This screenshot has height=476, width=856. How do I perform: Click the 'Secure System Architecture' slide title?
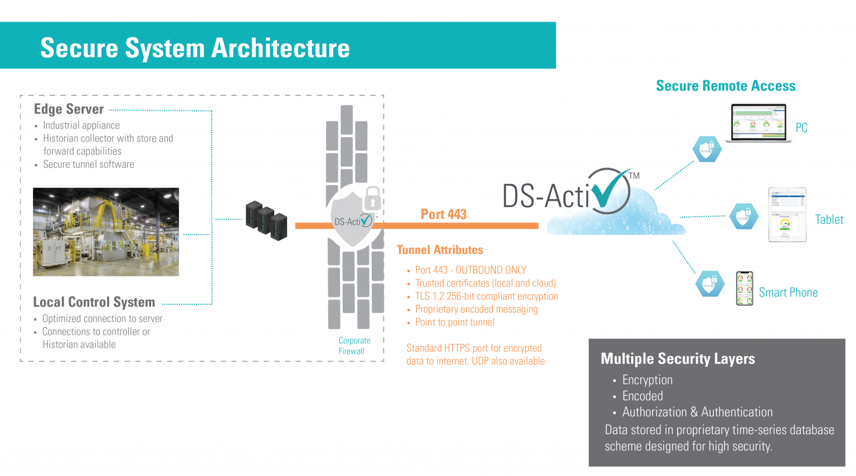click(195, 48)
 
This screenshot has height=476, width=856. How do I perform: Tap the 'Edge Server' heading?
click(69, 109)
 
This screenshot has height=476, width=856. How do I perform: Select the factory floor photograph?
click(106, 232)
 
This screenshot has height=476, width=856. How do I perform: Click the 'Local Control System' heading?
click(94, 302)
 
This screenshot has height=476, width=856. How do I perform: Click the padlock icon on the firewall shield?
click(372, 198)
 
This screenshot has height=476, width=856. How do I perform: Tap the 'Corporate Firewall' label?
click(354, 346)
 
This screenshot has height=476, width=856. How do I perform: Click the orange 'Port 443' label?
click(443, 215)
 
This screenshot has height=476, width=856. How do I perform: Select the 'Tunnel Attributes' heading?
click(440, 250)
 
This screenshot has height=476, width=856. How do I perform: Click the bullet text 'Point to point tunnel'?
click(454, 322)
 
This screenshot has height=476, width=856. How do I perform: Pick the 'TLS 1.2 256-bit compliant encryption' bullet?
click(486, 297)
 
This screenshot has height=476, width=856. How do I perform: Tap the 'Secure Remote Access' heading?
click(725, 86)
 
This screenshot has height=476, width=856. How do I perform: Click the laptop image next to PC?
click(759, 123)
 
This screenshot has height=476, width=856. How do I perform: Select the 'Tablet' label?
click(829, 220)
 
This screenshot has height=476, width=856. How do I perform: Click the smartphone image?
click(745, 288)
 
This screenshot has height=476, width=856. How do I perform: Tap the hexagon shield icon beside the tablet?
click(744, 217)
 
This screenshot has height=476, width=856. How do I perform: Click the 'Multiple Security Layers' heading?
click(678, 359)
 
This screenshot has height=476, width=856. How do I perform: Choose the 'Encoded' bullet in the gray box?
click(643, 396)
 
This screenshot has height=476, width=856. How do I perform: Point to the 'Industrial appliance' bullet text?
click(81, 125)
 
